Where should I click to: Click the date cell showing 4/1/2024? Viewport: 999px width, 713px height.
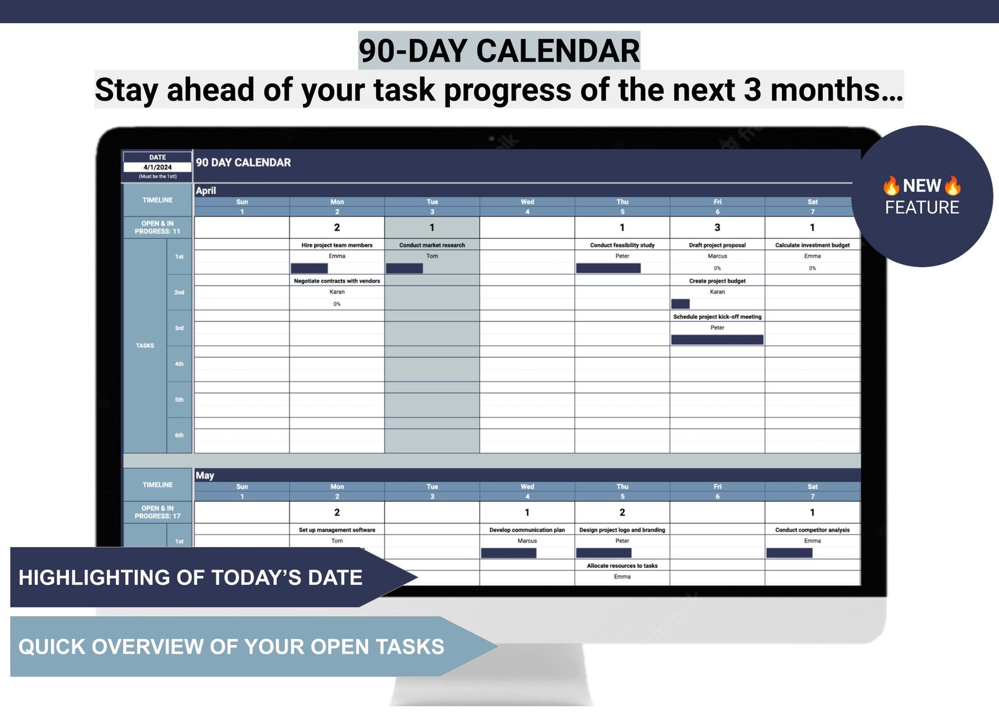(157, 167)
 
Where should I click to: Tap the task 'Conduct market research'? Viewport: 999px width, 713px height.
(432, 245)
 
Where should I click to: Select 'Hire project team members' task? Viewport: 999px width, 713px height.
(337, 245)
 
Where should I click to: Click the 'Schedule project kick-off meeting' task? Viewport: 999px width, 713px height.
(717, 317)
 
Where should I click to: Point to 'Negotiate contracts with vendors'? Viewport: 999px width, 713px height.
(337, 281)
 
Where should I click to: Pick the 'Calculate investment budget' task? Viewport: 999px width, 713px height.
(812, 245)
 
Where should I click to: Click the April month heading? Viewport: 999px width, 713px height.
(206, 191)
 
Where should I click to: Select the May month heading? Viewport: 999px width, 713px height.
(205, 475)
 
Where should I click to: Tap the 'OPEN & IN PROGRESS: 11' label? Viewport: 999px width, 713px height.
(157, 228)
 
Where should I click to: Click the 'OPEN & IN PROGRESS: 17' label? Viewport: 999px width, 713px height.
(157, 512)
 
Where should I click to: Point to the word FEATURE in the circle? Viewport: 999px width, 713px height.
(922, 207)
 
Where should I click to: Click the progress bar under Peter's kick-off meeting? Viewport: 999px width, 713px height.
(717, 340)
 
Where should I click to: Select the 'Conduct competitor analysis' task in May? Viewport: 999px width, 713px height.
(812, 530)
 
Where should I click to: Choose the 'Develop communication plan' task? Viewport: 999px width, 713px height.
(527, 530)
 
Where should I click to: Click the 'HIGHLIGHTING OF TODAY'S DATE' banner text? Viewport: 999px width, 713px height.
(191, 577)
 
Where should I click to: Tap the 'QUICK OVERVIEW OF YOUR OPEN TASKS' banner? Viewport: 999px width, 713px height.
(232, 646)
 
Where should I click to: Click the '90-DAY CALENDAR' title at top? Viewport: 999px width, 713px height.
(499, 51)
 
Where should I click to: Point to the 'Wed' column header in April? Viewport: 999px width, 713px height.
(527, 202)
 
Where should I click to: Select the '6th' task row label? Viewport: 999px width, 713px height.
(179, 435)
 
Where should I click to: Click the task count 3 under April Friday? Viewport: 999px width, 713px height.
(717, 228)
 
